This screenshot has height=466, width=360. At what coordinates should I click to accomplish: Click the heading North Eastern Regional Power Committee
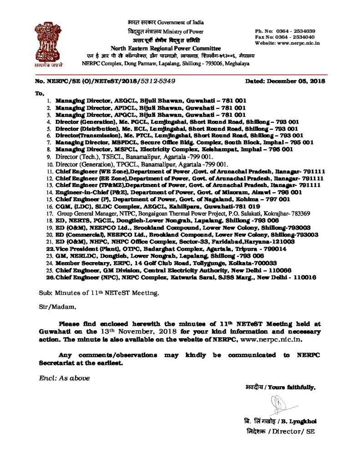pyautogui.click(x=166, y=48)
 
